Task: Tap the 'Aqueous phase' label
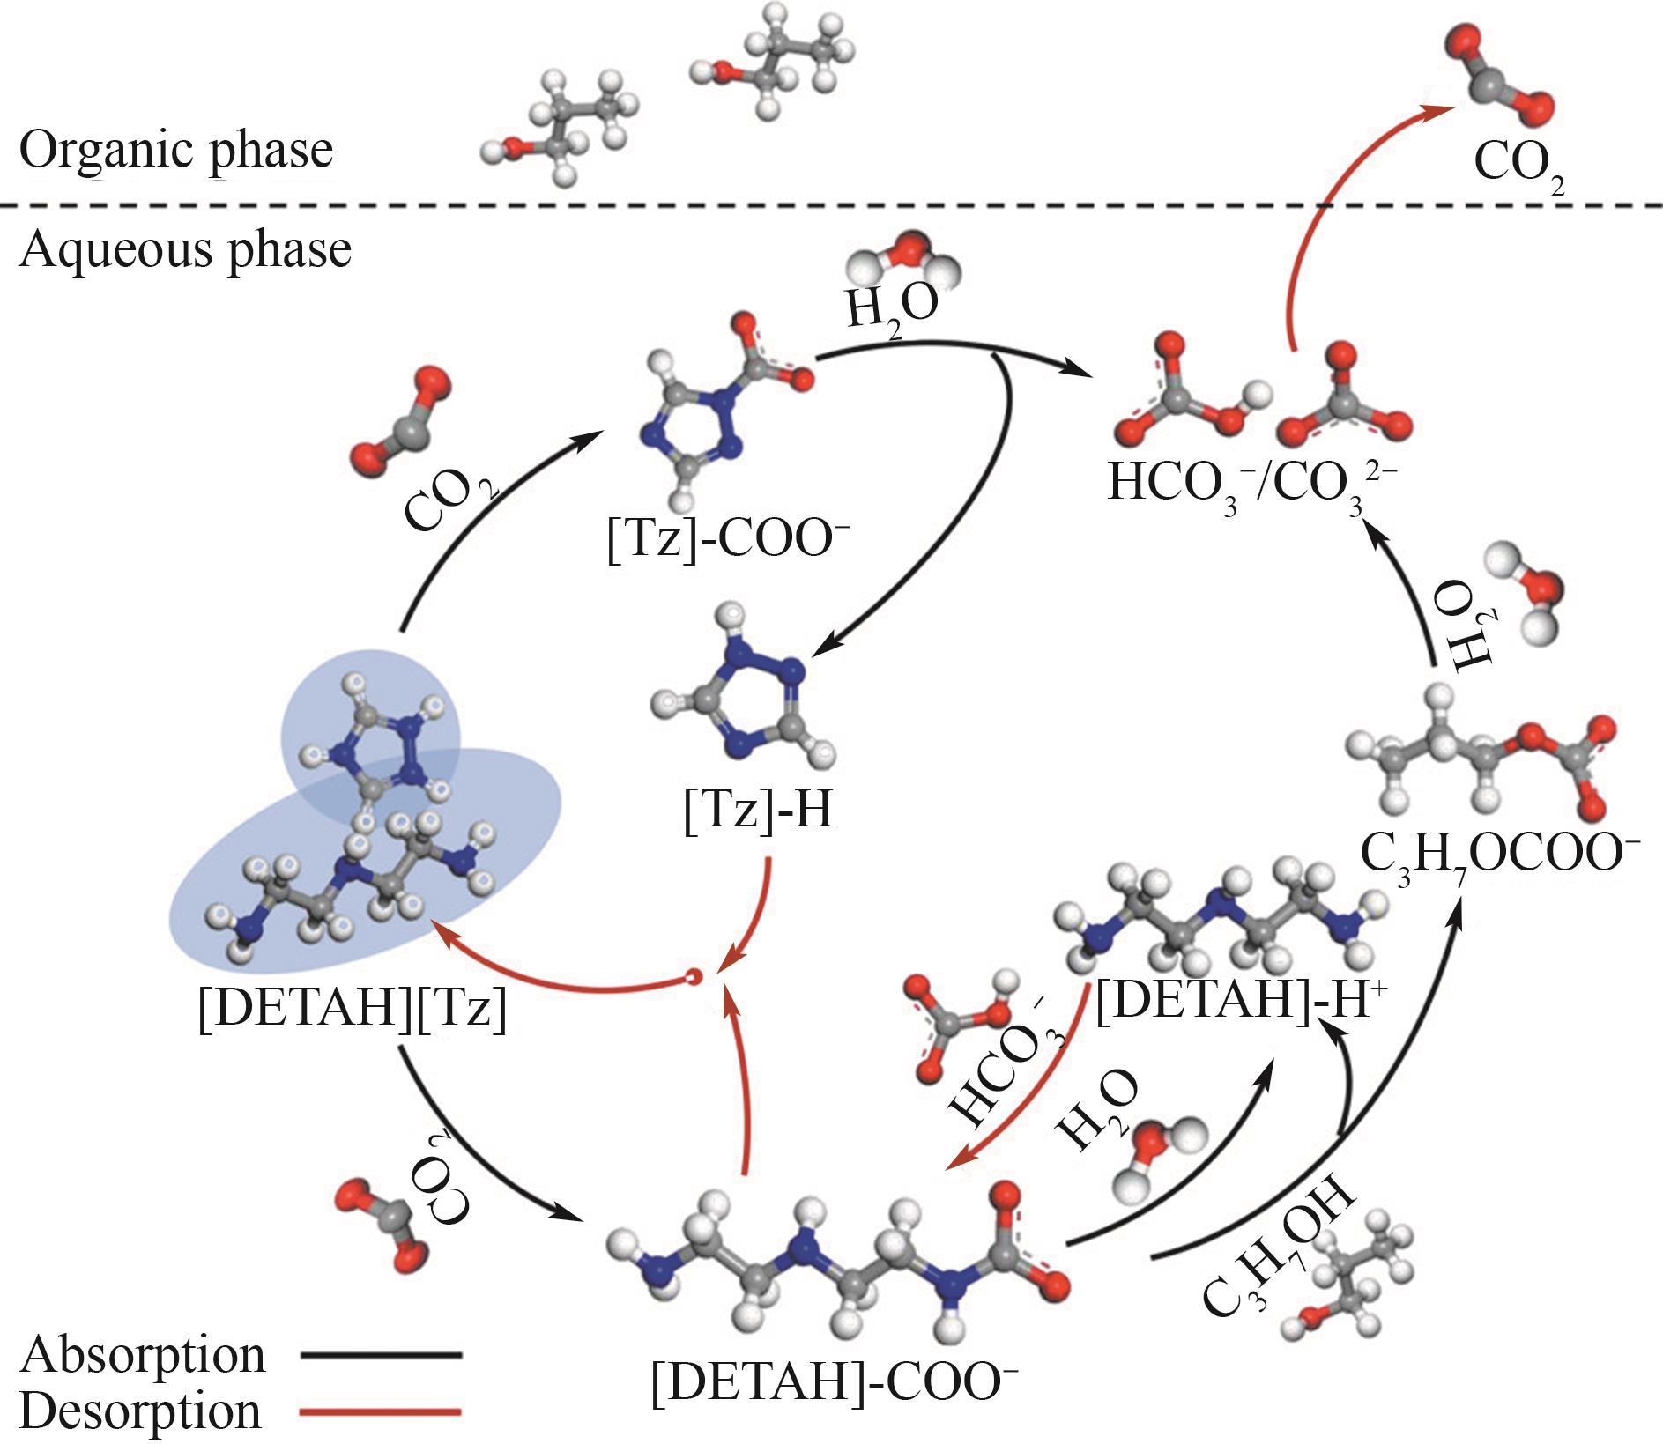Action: pos(185,249)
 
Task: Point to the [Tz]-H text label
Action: pos(759,810)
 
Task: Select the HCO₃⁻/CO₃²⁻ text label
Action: pos(1252,483)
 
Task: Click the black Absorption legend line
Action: pos(381,1355)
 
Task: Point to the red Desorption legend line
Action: pos(381,1412)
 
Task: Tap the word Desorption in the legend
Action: pos(141,1411)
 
